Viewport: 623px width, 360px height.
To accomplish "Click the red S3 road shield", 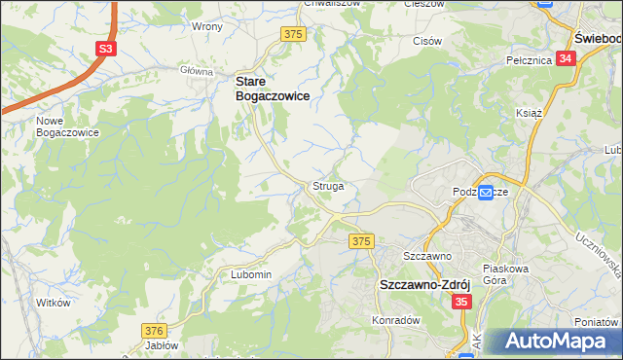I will click(104, 48).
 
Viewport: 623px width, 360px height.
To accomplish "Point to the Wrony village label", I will click(207, 26).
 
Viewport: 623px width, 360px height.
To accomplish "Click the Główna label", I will click(197, 71).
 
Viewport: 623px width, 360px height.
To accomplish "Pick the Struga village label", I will click(327, 185).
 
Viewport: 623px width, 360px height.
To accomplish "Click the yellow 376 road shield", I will click(154, 331).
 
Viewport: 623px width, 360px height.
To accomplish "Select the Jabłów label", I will click(162, 345).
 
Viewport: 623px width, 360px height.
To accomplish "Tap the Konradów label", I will click(394, 319).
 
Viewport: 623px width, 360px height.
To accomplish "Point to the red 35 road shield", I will click(461, 304).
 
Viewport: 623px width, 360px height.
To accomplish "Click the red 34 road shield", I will click(568, 58).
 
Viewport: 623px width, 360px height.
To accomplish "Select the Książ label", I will click(528, 113).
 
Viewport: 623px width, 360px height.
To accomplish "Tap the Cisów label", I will click(427, 41).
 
